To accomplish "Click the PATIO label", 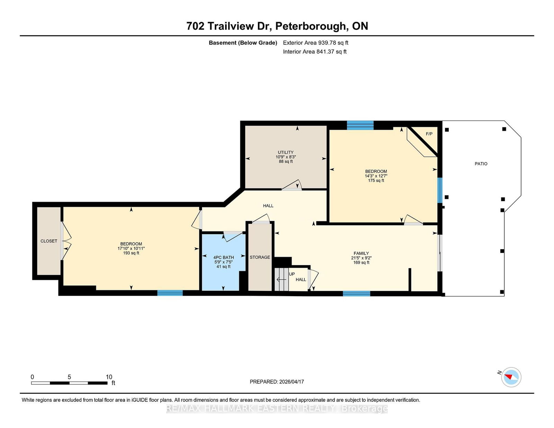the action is click(x=481, y=164).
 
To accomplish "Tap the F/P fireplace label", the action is click(x=429, y=134).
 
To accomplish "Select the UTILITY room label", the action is click(x=286, y=152).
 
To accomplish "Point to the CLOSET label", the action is click(x=49, y=241).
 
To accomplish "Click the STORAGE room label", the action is click(x=260, y=257).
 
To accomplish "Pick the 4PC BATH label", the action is click(x=223, y=257).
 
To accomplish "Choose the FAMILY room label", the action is click(x=361, y=253).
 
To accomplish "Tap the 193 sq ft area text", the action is click(x=131, y=253).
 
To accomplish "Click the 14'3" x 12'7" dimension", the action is click(x=376, y=176).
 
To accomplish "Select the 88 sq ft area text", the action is click(x=286, y=162).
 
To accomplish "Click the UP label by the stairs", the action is click(x=292, y=274).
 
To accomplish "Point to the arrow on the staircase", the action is click(x=282, y=280).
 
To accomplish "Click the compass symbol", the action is click(x=511, y=377).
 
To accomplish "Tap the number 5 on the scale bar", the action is click(x=69, y=377).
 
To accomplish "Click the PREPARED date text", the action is click(x=277, y=382).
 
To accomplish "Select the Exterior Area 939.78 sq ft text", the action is click(x=315, y=43).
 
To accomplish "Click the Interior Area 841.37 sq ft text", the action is click(x=315, y=52).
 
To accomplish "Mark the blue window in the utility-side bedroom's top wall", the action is click(x=360, y=125).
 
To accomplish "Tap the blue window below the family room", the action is click(x=356, y=293).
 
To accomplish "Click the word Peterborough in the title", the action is click(x=312, y=26).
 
